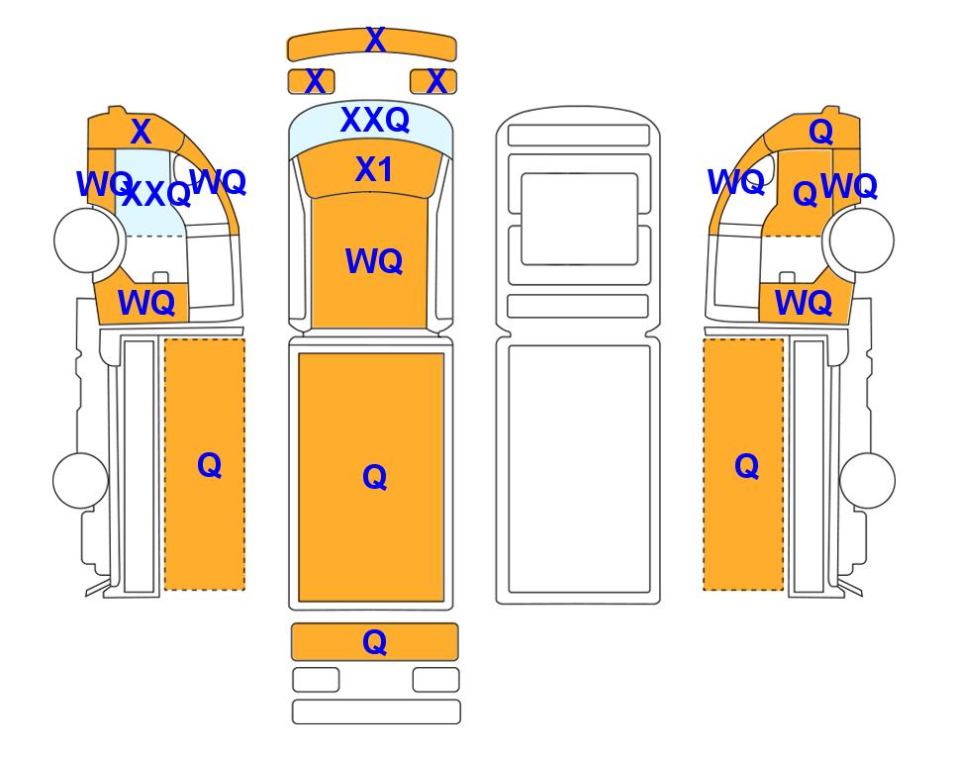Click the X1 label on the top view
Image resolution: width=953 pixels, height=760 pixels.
pyautogui.click(x=374, y=169)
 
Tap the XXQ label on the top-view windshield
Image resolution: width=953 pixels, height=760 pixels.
pyautogui.click(x=375, y=120)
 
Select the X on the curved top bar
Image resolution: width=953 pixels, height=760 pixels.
pyautogui.click(x=376, y=41)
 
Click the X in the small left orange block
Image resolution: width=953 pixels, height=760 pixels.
pyautogui.click(x=315, y=81)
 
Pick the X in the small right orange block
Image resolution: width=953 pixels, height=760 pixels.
pyautogui.click(x=436, y=81)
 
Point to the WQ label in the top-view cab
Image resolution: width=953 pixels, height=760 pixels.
pyautogui.click(x=374, y=261)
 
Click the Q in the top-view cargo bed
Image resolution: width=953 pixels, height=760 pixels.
pyautogui.click(x=375, y=477)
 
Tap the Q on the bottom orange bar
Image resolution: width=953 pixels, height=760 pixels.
pyautogui.click(x=375, y=642)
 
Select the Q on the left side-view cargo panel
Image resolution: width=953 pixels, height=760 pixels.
pyautogui.click(x=210, y=466)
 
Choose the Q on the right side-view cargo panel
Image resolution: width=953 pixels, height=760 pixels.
pyautogui.click(x=747, y=467)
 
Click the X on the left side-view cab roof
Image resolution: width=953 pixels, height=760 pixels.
pyautogui.click(x=141, y=132)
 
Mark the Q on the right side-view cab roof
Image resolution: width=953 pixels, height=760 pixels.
pyautogui.click(x=821, y=132)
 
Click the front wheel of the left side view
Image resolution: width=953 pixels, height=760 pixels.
pyautogui.click(x=86, y=239)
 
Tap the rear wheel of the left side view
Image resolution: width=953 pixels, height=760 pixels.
pyautogui.click(x=81, y=480)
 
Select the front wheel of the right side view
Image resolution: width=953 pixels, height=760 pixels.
pyautogui.click(x=862, y=239)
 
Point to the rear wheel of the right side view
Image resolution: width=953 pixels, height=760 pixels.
pyautogui.click(x=867, y=480)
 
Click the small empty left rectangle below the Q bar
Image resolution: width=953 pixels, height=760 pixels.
pyautogui.click(x=316, y=680)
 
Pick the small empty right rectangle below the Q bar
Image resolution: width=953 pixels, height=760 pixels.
pyautogui.click(x=435, y=680)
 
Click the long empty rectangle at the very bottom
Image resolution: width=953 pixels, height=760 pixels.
pyautogui.click(x=376, y=712)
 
